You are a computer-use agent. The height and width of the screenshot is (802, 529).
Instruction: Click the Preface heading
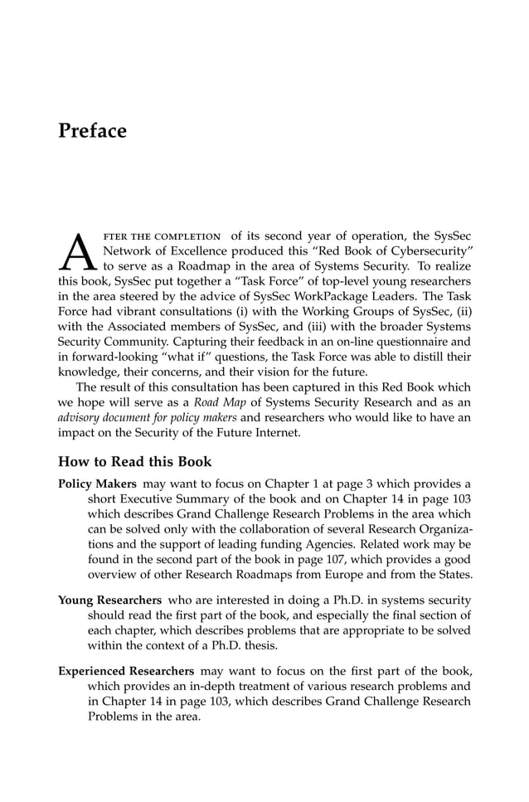coord(92,131)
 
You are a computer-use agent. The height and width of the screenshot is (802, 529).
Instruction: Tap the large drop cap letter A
coord(76,250)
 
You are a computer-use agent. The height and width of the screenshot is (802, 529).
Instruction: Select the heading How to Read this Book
coord(134,462)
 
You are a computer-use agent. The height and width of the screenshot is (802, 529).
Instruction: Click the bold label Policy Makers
coord(97,484)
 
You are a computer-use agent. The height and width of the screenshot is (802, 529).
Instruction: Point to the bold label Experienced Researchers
coord(126,669)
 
